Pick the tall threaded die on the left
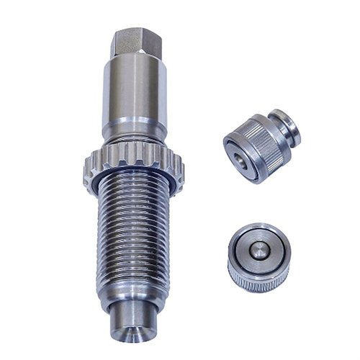[133, 202]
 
